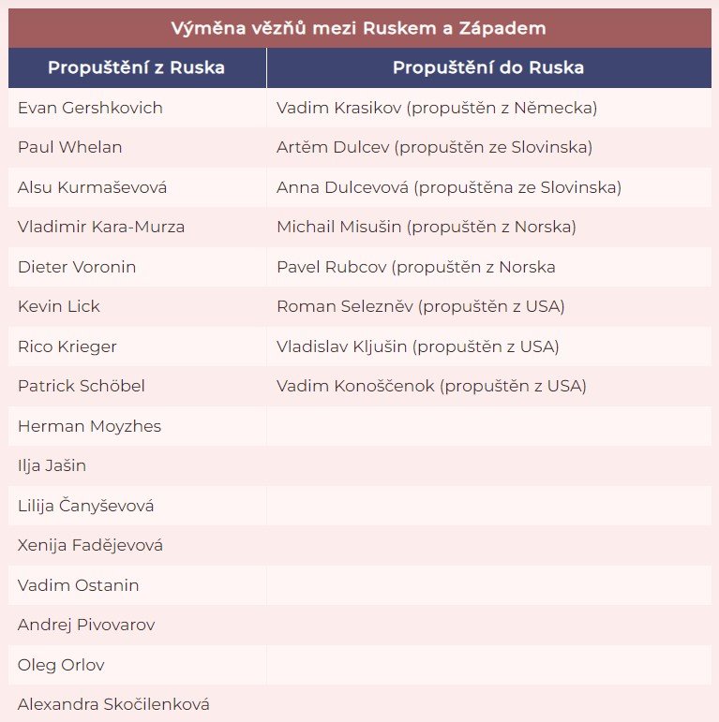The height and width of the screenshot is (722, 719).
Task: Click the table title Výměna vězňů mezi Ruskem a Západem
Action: coord(359,28)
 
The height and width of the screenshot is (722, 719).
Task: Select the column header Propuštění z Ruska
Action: coord(136,67)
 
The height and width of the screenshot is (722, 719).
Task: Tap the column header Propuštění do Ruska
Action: coord(487,67)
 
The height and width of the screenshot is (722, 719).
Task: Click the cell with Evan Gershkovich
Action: coord(90,108)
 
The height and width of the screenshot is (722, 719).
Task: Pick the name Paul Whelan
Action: coord(70,147)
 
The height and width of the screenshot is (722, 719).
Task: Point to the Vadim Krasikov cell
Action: coord(437,108)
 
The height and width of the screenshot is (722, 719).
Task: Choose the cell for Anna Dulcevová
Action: coord(448,187)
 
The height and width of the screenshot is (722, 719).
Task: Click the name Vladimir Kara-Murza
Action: coord(101,227)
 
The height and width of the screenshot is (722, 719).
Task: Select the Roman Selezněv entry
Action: coord(420,306)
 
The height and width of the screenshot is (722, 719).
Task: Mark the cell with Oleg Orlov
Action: coord(61,665)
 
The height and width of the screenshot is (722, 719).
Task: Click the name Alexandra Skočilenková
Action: coord(113,704)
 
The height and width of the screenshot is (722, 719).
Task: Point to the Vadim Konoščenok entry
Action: coord(431,386)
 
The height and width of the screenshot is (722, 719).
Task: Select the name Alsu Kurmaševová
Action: coord(92,187)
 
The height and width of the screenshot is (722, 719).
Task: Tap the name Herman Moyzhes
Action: coord(89,426)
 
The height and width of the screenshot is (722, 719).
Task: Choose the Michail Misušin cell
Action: coord(426,227)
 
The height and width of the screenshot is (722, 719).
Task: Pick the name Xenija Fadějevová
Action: coord(90,545)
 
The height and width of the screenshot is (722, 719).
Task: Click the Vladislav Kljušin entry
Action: coord(417,346)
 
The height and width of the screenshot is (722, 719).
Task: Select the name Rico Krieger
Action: coord(67,346)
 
